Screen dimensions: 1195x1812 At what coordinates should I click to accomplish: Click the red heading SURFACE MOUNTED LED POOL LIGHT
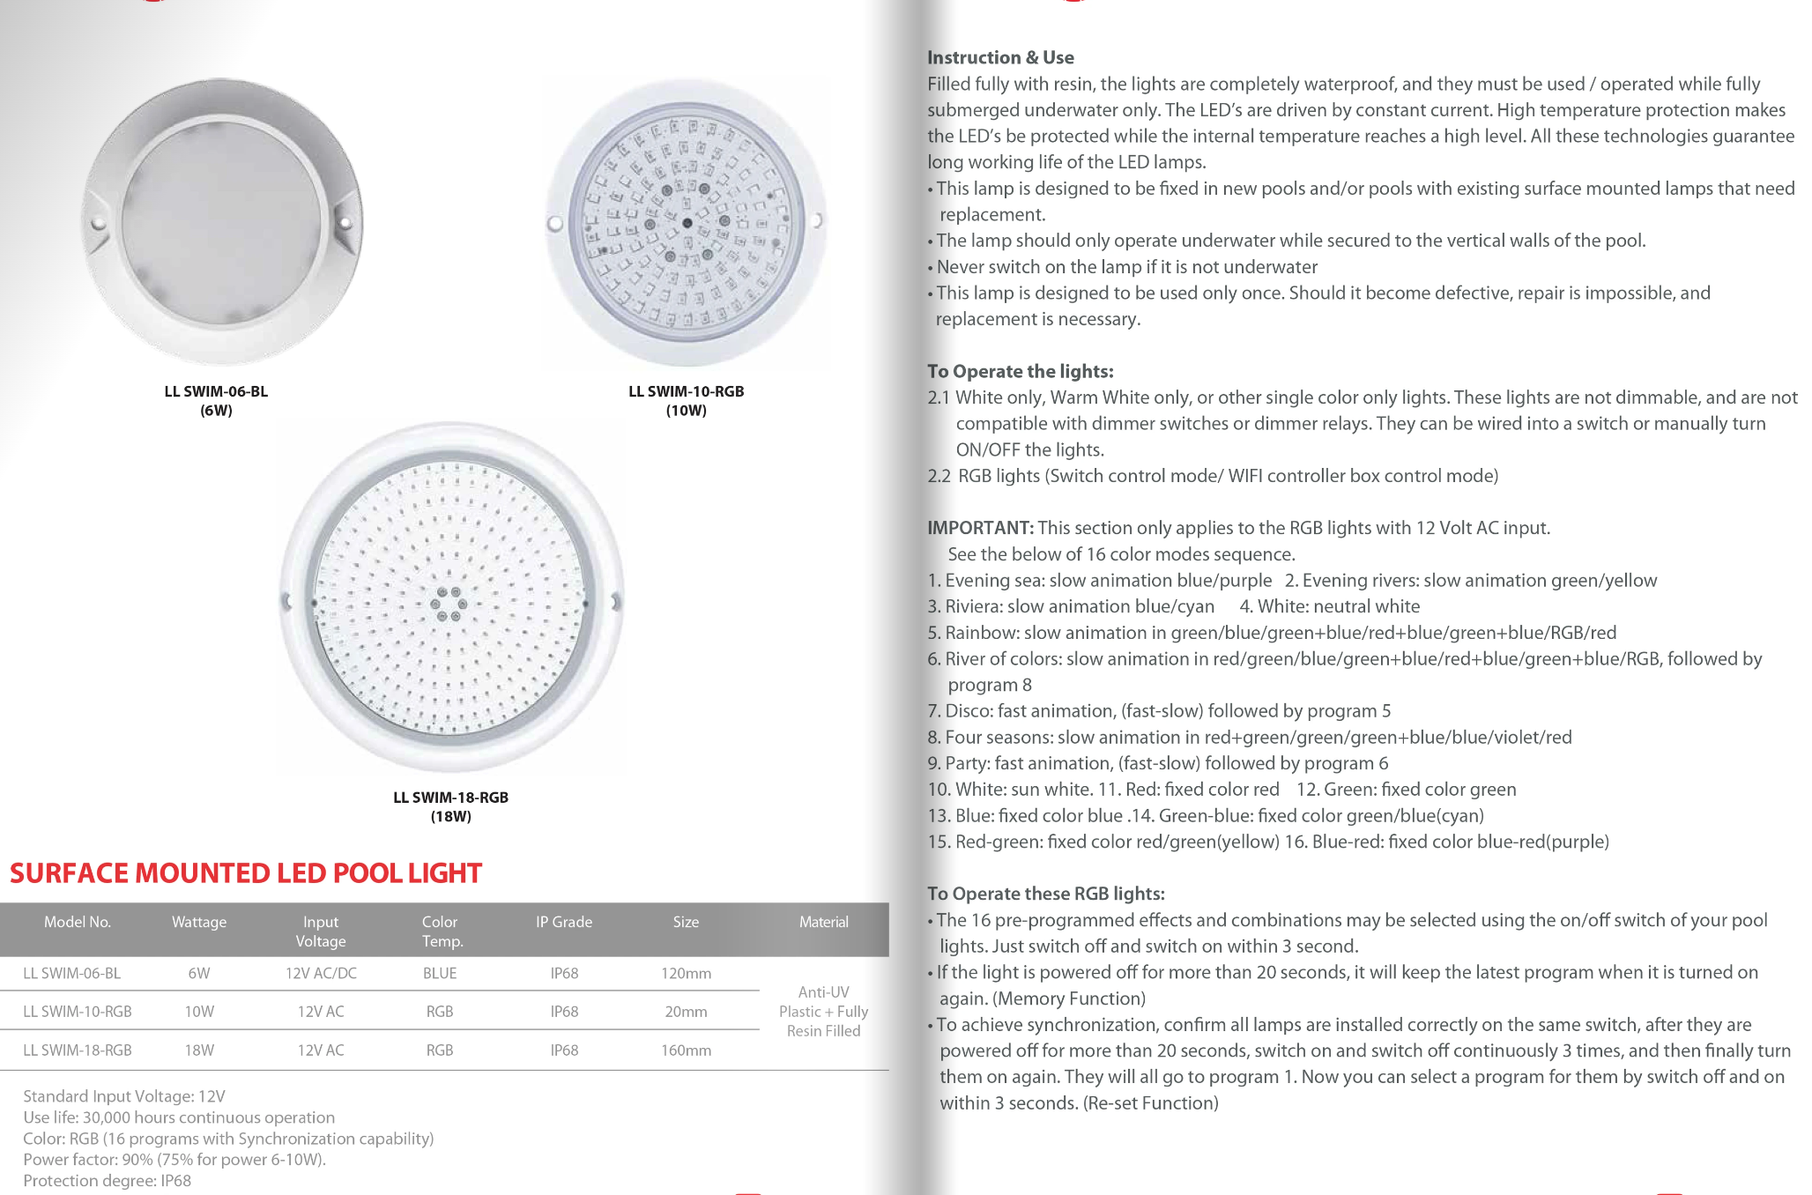click(246, 873)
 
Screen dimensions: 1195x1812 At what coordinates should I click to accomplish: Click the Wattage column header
click(199, 922)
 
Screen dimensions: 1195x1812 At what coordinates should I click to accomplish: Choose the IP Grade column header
click(564, 922)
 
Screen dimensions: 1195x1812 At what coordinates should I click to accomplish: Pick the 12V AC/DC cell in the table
click(321, 974)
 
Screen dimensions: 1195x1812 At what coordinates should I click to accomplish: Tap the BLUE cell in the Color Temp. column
click(440, 974)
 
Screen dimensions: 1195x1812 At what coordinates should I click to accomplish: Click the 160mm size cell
click(686, 1050)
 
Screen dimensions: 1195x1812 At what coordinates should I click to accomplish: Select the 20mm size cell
click(686, 1012)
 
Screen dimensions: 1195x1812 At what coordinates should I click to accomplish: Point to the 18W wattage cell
click(199, 1050)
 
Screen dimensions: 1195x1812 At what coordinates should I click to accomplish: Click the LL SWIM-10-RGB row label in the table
click(78, 1012)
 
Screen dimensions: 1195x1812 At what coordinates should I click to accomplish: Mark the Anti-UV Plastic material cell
click(823, 1012)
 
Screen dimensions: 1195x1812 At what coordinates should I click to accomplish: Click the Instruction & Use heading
click(1000, 58)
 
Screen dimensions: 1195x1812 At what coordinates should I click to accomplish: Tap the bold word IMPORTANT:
click(980, 528)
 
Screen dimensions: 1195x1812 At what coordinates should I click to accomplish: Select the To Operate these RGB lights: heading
click(1046, 894)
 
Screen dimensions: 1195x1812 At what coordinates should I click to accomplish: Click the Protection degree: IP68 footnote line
click(107, 1181)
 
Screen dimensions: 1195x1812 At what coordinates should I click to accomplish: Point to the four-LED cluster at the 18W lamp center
click(449, 605)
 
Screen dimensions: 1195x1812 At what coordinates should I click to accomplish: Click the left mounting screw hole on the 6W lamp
click(99, 223)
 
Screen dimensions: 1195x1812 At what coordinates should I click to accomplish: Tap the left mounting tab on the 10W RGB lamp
click(554, 223)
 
